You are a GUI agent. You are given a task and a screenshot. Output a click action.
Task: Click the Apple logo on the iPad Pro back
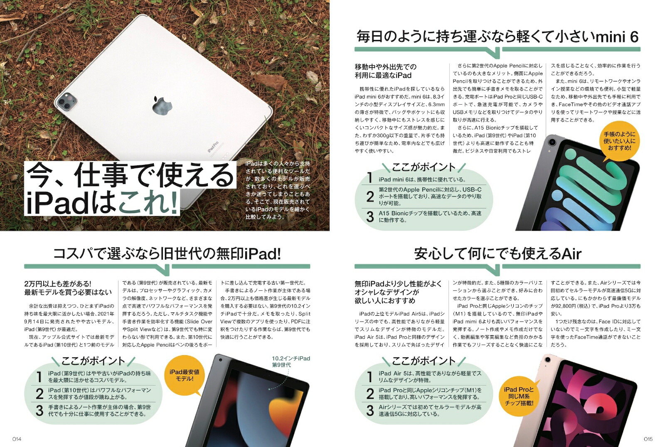coord(162,106)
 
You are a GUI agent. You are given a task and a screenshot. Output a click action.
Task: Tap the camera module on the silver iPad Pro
coord(67,101)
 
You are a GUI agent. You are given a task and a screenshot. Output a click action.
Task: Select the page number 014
coord(17,439)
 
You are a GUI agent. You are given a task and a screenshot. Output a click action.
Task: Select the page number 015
coord(648,439)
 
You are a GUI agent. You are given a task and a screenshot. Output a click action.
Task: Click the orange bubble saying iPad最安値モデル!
coord(184,375)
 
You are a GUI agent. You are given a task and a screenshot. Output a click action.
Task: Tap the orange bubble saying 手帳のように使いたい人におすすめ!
coord(619,141)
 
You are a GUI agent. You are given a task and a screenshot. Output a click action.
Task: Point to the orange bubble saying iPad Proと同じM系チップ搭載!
coord(518,396)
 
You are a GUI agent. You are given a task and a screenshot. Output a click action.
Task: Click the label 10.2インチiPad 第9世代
coord(291,361)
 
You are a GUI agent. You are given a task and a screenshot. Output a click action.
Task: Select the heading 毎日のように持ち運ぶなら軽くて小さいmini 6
coord(497,37)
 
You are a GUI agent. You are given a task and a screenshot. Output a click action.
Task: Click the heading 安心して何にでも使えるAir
coord(497,253)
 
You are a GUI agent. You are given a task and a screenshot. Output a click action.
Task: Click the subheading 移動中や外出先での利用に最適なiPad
coord(385,71)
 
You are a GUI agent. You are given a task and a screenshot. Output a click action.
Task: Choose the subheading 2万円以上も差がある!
coord(58,284)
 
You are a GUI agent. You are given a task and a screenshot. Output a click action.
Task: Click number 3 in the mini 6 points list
coord(370,216)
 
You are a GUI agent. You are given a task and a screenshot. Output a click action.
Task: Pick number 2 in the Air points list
coord(370,393)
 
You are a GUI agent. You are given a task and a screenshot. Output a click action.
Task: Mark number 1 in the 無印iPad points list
coord(39,376)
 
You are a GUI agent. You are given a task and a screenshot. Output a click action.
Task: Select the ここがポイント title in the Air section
coord(424,361)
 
